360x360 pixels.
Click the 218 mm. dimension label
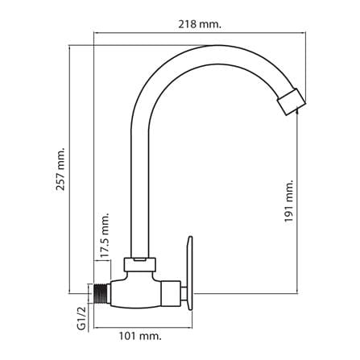click(x=200, y=25)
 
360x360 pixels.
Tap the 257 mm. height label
click(x=60, y=168)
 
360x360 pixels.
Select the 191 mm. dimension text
click(x=289, y=201)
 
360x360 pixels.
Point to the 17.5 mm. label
click(x=106, y=235)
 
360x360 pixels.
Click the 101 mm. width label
click(x=140, y=336)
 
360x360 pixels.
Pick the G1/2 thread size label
click(x=82, y=318)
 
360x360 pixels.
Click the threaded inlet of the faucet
click(x=101, y=293)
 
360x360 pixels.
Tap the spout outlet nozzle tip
click(x=292, y=102)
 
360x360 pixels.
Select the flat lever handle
click(x=189, y=273)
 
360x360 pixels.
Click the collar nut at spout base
click(x=140, y=264)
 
